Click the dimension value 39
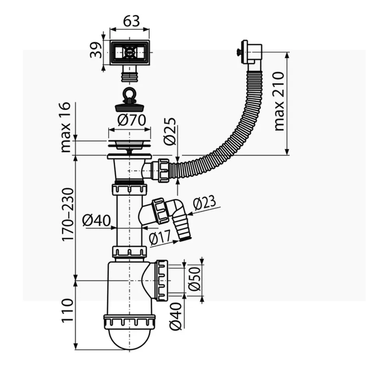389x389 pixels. [x=97, y=49]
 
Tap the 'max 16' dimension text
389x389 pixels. [x=66, y=127]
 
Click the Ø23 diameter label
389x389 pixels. [x=205, y=203]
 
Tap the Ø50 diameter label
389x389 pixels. [x=194, y=279]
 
